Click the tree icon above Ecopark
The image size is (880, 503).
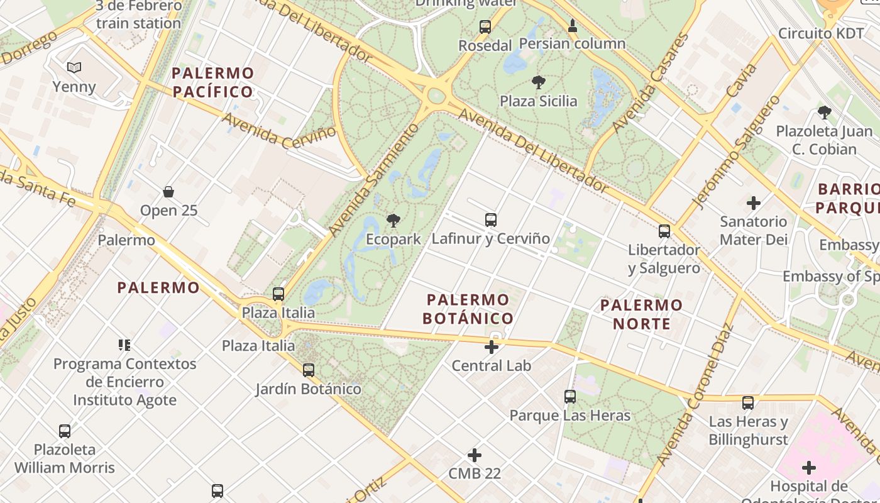[x=393, y=221]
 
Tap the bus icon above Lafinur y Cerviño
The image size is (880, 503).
[x=491, y=220]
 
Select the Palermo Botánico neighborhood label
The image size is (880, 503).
[x=468, y=309]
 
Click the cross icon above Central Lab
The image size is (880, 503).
[x=492, y=346]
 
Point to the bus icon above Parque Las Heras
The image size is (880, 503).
[x=570, y=397]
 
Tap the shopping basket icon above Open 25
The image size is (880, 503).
[x=168, y=192]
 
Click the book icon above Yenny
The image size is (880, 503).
[x=74, y=67]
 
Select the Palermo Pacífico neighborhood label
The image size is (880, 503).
[x=213, y=82]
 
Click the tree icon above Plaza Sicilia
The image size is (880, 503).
[x=538, y=82]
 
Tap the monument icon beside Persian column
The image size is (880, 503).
[x=573, y=26]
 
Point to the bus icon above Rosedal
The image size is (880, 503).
[x=485, y=27]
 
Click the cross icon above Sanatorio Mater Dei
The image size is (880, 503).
[x=753, y=203]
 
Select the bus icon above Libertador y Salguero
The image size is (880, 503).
[x=664, y=231]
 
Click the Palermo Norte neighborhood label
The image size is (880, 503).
[x=641, y=314]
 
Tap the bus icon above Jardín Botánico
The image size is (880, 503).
[x=309, y=370]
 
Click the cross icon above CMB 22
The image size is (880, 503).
[x=475, y=455]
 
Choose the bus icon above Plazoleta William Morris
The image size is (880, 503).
[x=65, y=431]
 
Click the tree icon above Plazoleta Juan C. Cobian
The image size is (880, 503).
[x=824, y=113]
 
